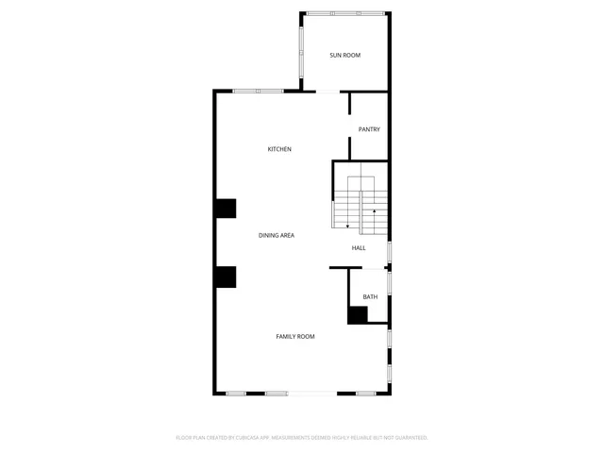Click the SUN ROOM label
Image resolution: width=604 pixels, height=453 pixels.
[x=344, y=56]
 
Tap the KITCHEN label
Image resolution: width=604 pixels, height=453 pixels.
[x=279, y=149]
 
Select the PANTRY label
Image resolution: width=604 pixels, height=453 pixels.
[x=369, y=129]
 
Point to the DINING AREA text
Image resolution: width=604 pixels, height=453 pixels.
[x=277, y=235]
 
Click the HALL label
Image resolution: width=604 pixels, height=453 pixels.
[x=359, y=248]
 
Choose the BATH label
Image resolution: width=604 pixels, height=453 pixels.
[x=370, y=297]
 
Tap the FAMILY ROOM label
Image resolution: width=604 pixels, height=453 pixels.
[x=295, y=337]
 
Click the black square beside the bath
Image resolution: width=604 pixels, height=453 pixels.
[x=358, y=315]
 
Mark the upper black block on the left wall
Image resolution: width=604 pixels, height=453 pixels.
[x=225, y=209]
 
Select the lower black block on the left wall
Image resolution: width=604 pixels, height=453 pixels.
[x=225, y=277]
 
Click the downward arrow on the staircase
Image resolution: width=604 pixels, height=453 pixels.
[x=348, y=226]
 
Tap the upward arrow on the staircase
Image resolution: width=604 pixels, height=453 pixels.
[x=375, y=211]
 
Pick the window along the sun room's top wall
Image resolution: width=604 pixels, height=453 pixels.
[x=344, y=13]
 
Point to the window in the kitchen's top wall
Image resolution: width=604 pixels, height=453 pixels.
[x=259, y=91]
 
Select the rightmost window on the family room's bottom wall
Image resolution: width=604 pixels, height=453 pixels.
[x=365, y=393]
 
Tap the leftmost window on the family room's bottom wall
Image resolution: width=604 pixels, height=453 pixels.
[x=236, y=393]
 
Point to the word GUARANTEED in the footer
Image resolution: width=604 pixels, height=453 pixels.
[x=410, y=438]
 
